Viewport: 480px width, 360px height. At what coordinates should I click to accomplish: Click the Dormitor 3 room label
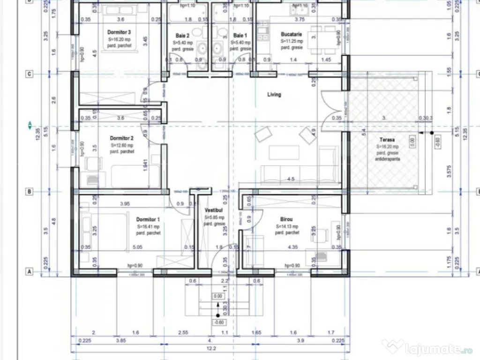[119, 32]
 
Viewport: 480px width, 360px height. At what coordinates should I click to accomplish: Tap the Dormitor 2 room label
[122, 138]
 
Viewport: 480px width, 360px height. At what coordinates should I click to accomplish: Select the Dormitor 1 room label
[148, 219]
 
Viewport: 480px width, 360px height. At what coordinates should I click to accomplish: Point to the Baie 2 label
[182, 36]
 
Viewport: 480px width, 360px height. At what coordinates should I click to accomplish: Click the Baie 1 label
[239, 36]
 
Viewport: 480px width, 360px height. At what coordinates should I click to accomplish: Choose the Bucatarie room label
[291, 34]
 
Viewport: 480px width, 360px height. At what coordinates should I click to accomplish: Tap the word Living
[274, 95]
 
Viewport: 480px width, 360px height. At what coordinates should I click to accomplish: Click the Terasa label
[387, 140]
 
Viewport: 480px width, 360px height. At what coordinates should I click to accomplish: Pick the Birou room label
[287, 219]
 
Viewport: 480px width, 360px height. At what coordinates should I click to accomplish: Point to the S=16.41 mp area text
[148, 226]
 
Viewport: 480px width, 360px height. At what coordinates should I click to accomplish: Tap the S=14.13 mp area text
[287, 226]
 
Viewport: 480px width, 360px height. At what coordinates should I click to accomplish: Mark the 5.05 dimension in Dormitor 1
[138, 247]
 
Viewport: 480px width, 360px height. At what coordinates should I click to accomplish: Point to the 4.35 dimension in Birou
[292, 247]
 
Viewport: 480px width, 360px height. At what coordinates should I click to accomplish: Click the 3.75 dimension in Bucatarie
[300, 20]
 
